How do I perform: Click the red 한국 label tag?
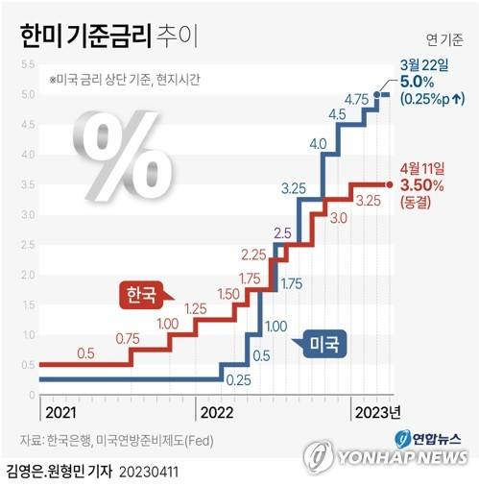click(140, 293)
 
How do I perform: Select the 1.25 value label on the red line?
click(198, 308)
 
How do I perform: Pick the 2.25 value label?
click(253, 255)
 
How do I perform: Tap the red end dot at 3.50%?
click(389, 184)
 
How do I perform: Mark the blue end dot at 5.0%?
click(386, 94)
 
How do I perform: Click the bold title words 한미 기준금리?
click(84, 36)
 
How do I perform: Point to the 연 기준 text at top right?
click(443, 39)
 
